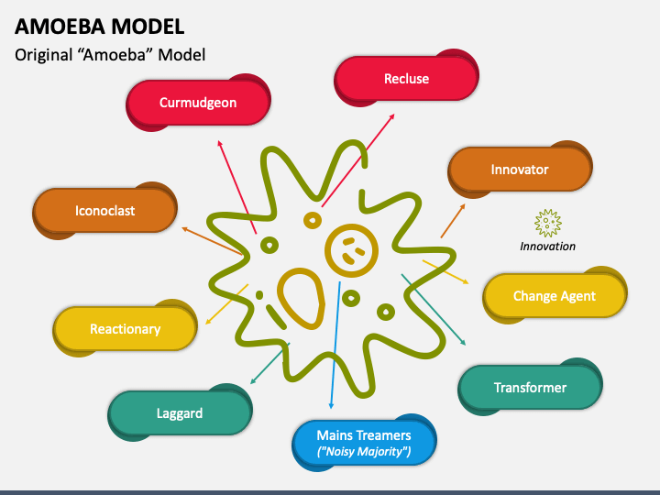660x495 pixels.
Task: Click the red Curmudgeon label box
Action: [198, 103]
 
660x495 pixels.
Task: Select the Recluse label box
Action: [406, 79]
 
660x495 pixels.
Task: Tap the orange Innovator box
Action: [519, 170]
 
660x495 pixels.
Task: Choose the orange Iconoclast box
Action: [104, 211]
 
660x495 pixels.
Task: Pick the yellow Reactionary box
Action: [125, 329]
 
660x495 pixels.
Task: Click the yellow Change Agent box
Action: [554, 296]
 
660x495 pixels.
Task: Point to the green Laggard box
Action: [180, 412]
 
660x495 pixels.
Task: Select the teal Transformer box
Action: [530, 388]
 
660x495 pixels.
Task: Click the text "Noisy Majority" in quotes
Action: [364, 452]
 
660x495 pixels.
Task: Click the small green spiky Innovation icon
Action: [547, 223]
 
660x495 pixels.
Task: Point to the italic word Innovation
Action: [547, 246]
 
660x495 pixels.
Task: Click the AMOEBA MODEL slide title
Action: [99, 26]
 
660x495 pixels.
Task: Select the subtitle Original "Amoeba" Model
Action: [110, 55]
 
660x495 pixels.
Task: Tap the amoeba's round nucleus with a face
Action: [350, 248]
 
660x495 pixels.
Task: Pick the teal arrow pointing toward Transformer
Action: [434, 310]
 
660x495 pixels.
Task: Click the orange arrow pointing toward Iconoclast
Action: [213, 241]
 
